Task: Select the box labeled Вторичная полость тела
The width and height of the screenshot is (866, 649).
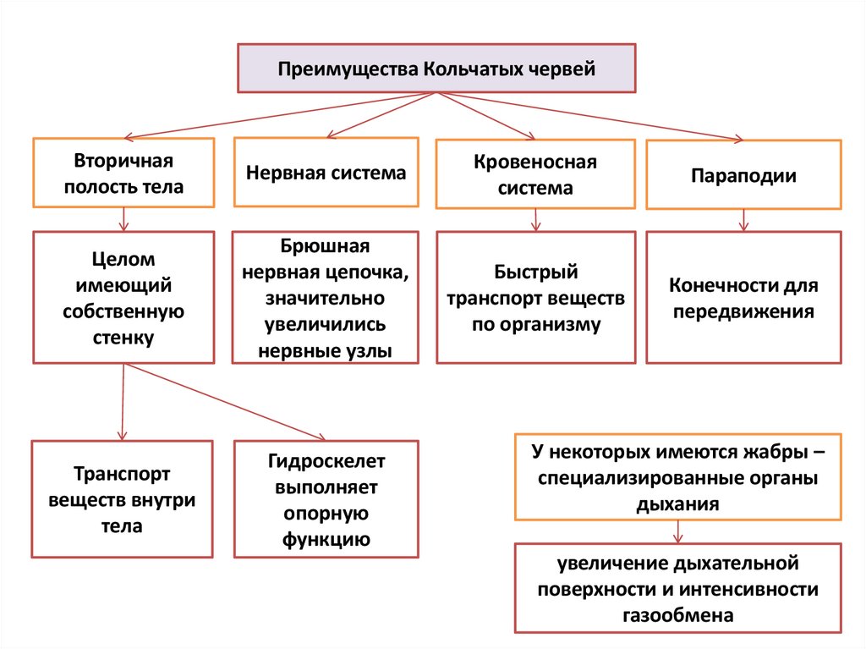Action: (123, 173)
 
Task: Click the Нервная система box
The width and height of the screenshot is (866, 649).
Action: (326, 173)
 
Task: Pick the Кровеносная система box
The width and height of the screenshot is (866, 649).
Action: (534, 173)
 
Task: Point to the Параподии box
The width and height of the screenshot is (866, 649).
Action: (743, 175)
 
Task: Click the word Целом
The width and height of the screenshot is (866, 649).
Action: (123, 259)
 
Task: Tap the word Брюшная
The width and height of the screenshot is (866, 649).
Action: (326, 246)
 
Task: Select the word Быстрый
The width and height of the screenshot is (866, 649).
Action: (535, 272)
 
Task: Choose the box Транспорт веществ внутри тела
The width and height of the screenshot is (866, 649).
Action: (122, 498)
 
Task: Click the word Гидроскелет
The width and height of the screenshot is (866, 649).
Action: (326, 462)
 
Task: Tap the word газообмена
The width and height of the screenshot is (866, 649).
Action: (677, 615)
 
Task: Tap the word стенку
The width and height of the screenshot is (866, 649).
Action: (123, 338)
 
